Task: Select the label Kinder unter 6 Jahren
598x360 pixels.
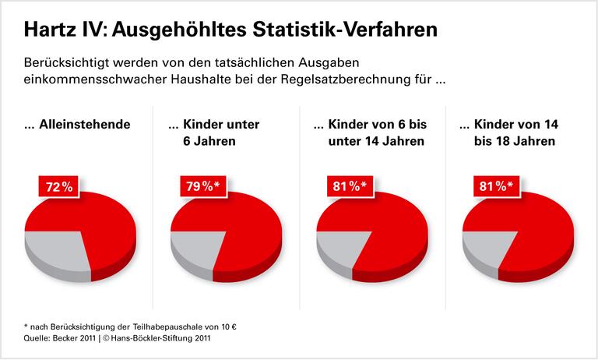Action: tap(214, 132)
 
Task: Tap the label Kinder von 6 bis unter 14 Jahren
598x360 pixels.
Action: tap(369, 132)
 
